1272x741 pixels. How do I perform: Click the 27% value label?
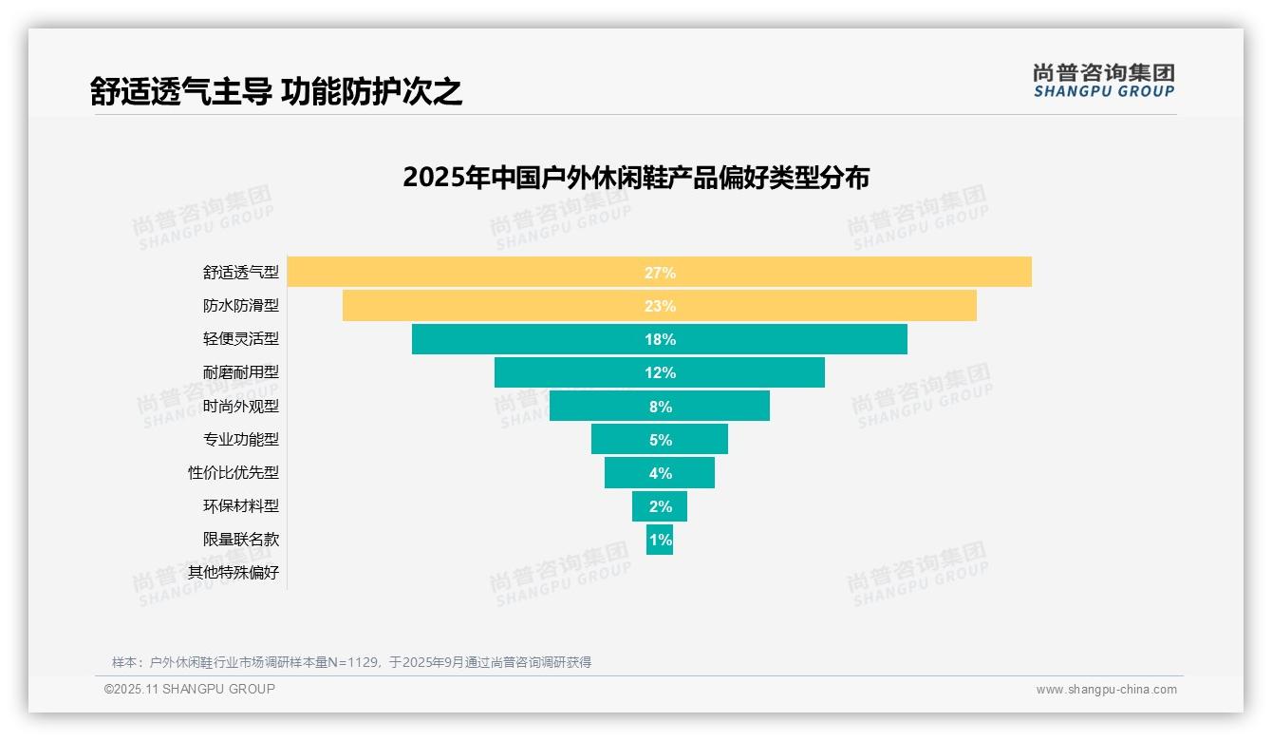pos(660,273)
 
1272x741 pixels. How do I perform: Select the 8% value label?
pos(660,407)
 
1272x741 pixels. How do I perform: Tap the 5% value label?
pos(660,440)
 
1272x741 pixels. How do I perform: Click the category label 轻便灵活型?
pos(241,339)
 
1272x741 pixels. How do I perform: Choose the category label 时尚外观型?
pos(241,407)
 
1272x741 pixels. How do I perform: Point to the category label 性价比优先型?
pos(234,473)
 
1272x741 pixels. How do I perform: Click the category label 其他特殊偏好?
pos(234,573)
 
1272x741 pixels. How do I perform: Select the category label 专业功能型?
pos(241,440)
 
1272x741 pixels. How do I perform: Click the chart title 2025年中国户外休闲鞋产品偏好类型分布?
pos(636,178)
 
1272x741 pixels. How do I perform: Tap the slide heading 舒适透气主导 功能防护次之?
pos(276,92)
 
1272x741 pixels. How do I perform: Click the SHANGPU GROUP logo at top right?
pos(1103,81)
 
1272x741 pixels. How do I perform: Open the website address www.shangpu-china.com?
pos(1106,690)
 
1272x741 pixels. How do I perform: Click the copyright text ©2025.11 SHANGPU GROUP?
pos(190,689)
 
